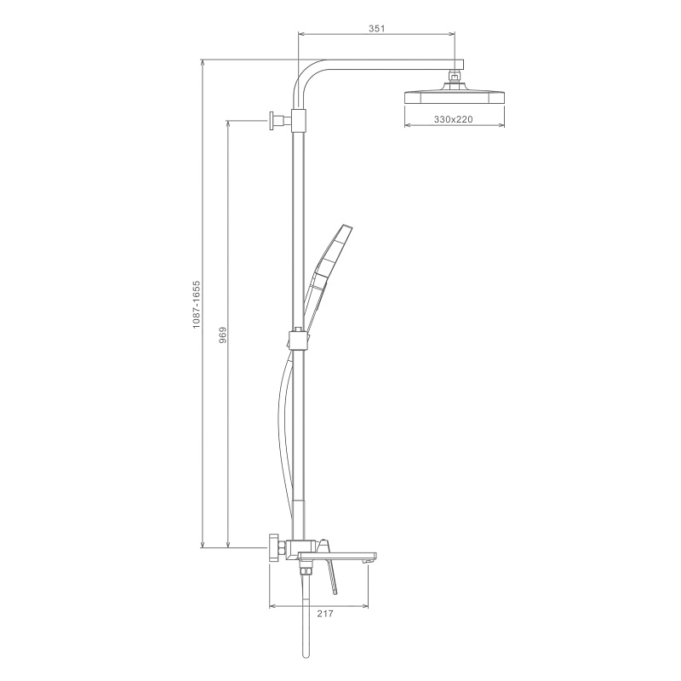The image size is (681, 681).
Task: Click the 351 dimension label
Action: (377, 29)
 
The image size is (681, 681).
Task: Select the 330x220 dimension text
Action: (454, 119)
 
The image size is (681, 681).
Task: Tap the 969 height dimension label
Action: (223, 335)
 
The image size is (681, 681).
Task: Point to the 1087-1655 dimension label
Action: (197, 305)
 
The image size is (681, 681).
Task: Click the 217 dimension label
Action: (325, 614)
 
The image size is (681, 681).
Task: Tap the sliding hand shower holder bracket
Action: (299, 340)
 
